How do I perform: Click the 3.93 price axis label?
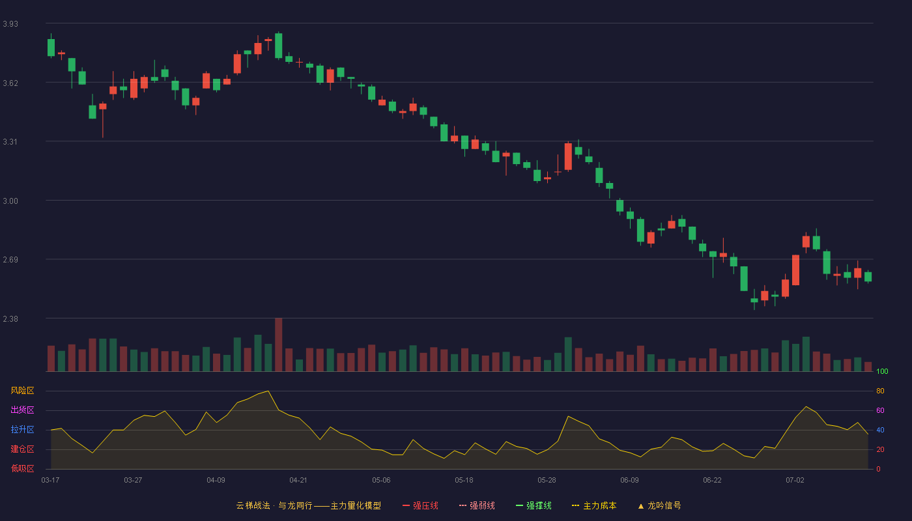tap(10, 24)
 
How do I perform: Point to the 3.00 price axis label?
tap(10, 201)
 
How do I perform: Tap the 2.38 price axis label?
tap(10, 318)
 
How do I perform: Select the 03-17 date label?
tap(51, 481)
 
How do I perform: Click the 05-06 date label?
tap(381, 481)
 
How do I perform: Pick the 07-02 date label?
tap(795, 481)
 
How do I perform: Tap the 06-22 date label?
tap(712, 481)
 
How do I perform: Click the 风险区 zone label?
tap(22, 391)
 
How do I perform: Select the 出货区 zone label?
tap(22, 410)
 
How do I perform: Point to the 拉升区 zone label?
tap(22, 429)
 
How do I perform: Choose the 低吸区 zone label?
tap(22, 468)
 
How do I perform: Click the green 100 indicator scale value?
tap(882, 371)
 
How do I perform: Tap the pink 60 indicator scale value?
tap(880, 410)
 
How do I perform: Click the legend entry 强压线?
tap(421, 505)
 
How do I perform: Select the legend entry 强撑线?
tap(534, 505)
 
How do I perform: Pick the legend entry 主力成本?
tap(594, 505)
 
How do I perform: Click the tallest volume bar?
tap(279, 345)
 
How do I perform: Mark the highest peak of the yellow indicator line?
tap(268, 391)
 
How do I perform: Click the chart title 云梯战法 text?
tap(253, 505)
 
